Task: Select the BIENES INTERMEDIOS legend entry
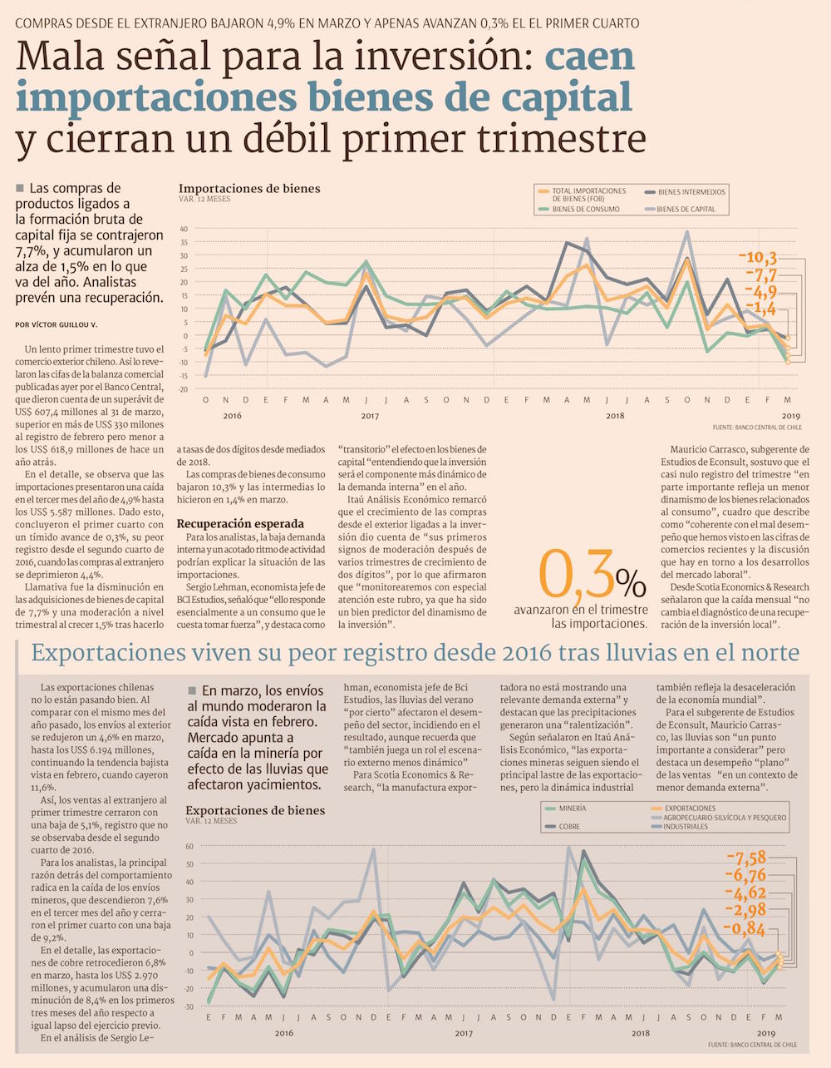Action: coord(691,192)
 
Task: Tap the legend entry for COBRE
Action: coord(569,827)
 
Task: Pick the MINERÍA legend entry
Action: coord(572,808)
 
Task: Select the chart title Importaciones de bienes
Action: coord(249,189)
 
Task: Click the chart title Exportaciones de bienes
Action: coord(255,810)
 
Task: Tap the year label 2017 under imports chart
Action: coord(370,415)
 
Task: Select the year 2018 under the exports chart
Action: coord(641,1033)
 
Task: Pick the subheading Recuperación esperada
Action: coord(239,524)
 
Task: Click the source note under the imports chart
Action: coord(756,427)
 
